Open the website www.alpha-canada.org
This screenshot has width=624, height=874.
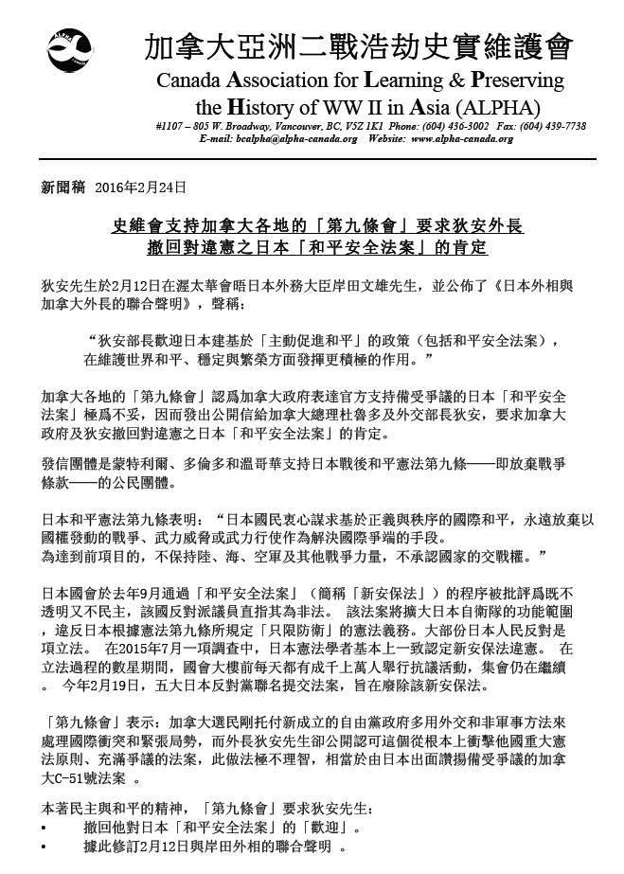click(462, 138)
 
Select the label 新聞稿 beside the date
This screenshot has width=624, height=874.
click(60, 189)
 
